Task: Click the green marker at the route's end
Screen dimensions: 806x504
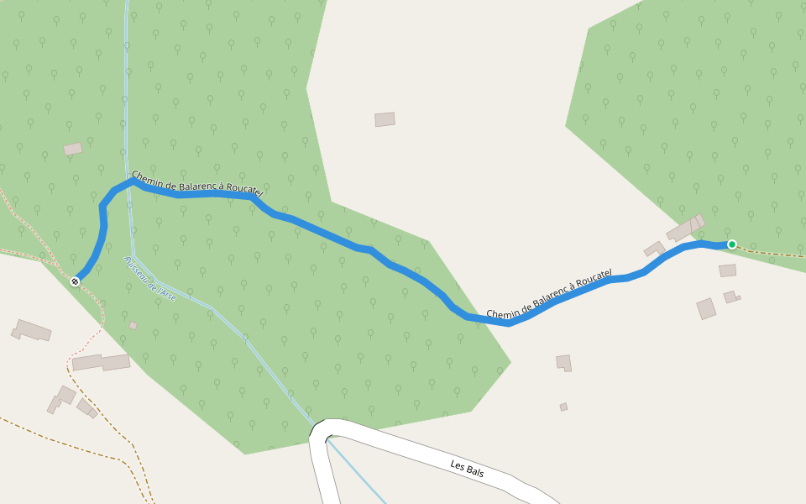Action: [x=732, y=244]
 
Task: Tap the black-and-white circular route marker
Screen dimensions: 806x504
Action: [x=76, y=281]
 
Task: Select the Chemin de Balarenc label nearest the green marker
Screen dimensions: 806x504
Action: [x=549, y=295]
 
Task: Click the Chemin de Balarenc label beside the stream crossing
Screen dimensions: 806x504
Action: [x=197, y=185]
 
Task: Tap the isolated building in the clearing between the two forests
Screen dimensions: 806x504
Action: [x=385, y=119]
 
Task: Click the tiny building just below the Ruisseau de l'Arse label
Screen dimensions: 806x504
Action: [x=133, y=326]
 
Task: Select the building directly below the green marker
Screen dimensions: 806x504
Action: [x=727, y=270]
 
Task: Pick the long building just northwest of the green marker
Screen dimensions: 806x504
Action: [x=685, y=228]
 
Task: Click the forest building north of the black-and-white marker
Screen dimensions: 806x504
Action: [x=73, y=149]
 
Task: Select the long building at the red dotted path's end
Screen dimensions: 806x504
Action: [x=101, y=363]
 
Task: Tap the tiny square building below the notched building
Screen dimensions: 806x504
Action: [x=563, y=407]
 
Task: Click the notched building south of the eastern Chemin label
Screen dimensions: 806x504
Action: [x=563, y=362]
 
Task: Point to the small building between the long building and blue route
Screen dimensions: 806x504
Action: [x=654, y=249]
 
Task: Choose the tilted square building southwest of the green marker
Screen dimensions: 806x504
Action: [x=706, y=308]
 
